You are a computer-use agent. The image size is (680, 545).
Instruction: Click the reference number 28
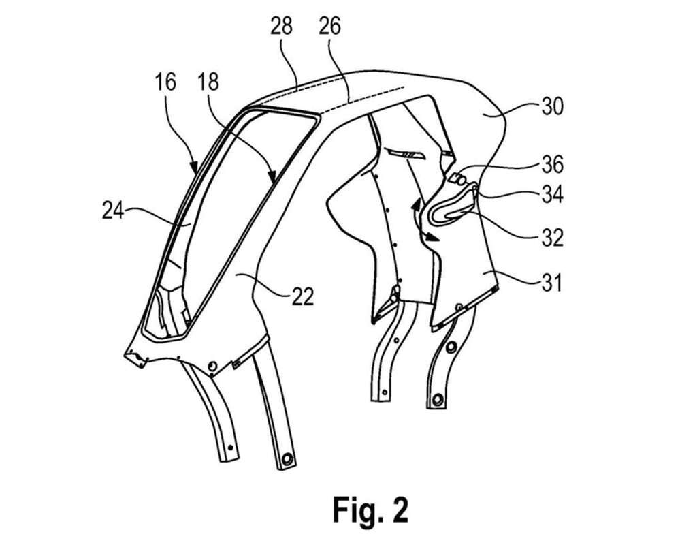click(x=280, y=27)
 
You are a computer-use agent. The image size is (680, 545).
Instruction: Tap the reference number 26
click(x=330, y=27)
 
